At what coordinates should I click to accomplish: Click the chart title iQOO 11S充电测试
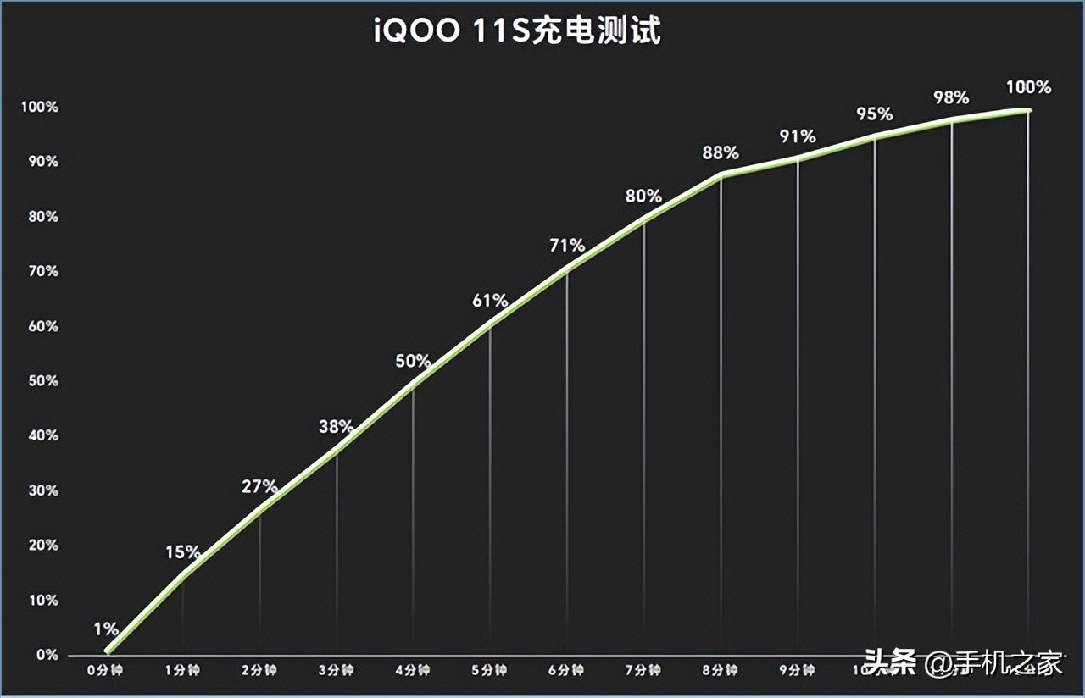(x=517, y=32)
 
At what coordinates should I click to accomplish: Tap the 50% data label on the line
(x=413, y=361)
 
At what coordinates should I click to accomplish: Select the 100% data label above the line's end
(x=1028, y=87)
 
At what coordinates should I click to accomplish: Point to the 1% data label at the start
(x=106, y=629)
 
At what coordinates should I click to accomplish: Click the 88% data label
(x=721, y=153)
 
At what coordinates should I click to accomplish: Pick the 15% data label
(x=183, y=553)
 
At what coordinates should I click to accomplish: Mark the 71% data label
(x=566, y=246)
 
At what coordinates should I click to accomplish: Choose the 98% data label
(x=951, y=98)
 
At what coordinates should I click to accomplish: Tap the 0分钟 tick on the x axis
(x=105, y=671)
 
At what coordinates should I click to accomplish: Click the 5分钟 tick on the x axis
(x=490, y=671)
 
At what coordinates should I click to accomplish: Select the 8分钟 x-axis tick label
(x=721, y=671)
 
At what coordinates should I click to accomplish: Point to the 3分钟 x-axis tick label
(x=337, y=671)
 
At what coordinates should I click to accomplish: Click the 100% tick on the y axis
(x=42, y=108)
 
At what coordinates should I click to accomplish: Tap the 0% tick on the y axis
(x=47, y=655)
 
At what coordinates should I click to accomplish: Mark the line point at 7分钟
(x=643, y=220)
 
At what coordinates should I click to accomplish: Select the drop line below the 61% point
(x=490, y=491)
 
